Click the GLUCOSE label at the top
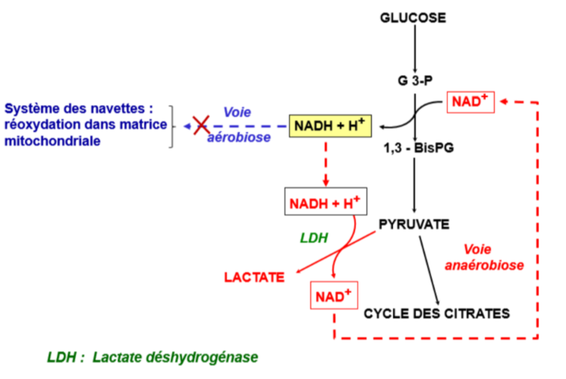tap(413, 17)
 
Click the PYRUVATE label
tap(414, 225)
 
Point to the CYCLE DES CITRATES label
tap(437, 313)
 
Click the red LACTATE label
tap(253, 276)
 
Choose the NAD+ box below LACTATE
tap(333, 294)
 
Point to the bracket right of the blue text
tap(171, 126)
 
